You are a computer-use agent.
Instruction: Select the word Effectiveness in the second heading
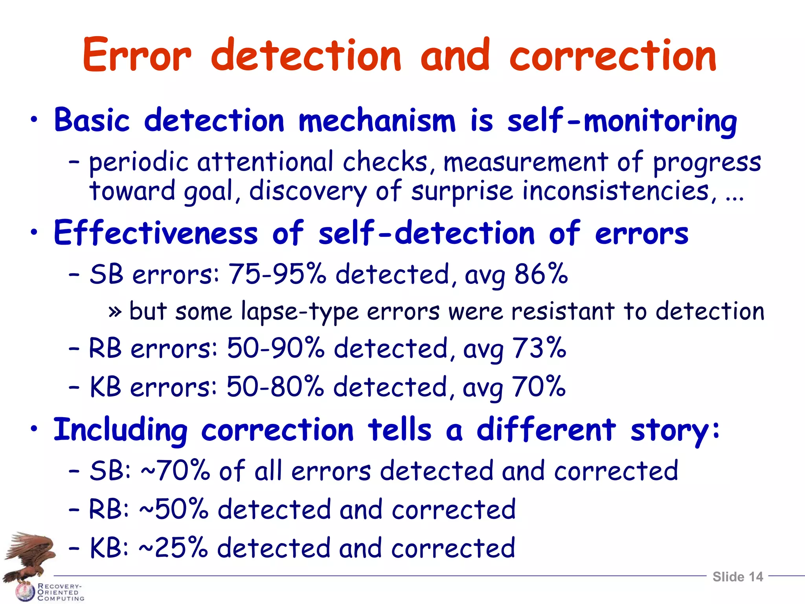pyautogui.click(x=156, y=233)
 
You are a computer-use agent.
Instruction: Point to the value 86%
pyautogui.click(x=541, y=274)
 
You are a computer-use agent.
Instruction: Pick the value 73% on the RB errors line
pyautogui.click(x=539, y=348)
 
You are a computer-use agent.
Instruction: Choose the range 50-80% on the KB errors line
pyautogui.click(x=275, y=387)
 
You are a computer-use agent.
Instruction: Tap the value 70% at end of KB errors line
pyautogui.click(x=539, y=387)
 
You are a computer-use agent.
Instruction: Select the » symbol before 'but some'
pyautogui.click(x=114, y=312)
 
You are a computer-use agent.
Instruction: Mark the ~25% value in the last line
pyautogui.click(x=173, y=548)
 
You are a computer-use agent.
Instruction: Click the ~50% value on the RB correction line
pyautogui.click(x=173, y=509)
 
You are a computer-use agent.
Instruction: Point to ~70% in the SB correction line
pyautogui.click(x=175, y=471)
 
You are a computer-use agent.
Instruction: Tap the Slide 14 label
pyautogui.click(x=737, y=576)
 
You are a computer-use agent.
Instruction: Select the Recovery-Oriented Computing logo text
pyautogui.click(x=61, y=592)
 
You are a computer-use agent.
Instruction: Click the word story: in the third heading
pyautogui.click(x=675, y=430)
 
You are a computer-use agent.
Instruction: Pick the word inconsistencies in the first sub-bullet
pyautogui.click(x=616, y=192)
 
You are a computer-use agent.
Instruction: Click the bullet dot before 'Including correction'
pyautogui.click(x=35, y=429)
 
